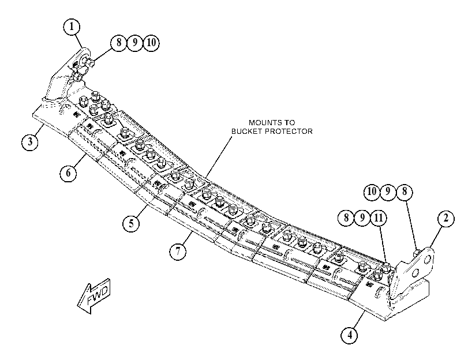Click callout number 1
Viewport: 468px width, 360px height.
[x=72, y=27]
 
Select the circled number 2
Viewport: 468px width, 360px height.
[x=446, y=219]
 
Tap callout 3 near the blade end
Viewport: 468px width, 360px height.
[x=30, y=142]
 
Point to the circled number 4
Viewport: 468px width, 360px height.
[x=350, y=335]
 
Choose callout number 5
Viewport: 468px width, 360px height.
[x=132, y=223]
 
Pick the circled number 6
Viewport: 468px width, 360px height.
[x=68, y=173]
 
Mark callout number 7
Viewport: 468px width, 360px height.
[x=178, y=252]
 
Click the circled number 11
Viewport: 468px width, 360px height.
[x=379, y=218]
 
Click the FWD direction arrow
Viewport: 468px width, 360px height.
[x=94, y=295]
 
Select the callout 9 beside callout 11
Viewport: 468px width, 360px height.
[x=362, y=218]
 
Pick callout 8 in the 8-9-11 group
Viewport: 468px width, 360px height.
[x=346, y=218]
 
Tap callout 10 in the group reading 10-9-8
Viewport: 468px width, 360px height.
[x=372, y=192]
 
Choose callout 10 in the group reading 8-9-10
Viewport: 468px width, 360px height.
[x=151, y=43]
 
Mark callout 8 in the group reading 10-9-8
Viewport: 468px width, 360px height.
[x=405, y=192]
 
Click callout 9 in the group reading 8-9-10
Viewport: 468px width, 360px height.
[x=135, y=43]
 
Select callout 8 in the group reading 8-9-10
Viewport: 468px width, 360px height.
[x=119, y=43]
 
